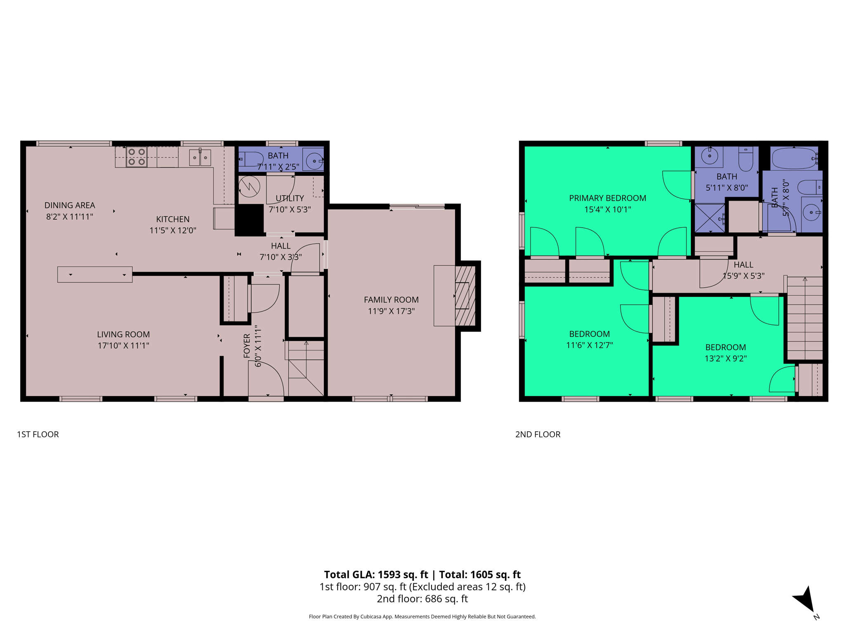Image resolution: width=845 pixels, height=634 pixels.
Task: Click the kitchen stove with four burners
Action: pos(137,157)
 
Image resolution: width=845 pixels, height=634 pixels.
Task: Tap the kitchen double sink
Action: pos(200,158)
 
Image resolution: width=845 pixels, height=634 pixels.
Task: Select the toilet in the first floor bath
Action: pos(251,159)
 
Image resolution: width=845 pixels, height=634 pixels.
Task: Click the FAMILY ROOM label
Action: pos(391,300)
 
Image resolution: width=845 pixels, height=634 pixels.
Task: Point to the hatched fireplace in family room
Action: pos(465,296)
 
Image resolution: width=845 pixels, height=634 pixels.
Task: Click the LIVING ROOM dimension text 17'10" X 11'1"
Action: pos(123,345)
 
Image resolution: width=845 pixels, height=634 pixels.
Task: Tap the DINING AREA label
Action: pos(70,205)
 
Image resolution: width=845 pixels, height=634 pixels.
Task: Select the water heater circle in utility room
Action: pos(249,187)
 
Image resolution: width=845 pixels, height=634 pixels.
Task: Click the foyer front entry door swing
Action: pos(266,379)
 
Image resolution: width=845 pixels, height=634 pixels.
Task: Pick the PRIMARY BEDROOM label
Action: pos(607,198)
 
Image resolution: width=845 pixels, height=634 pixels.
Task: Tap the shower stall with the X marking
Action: pos(710,218)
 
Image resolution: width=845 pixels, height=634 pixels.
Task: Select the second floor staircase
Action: pos(805,318)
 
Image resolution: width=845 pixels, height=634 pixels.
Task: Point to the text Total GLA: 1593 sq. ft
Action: pos(376,575)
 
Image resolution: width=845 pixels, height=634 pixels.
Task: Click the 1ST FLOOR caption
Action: pos(38,434)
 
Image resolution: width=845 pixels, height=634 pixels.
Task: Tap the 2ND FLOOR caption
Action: pos(538,434)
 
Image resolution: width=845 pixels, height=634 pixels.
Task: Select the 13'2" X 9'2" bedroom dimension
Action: pos(725,358)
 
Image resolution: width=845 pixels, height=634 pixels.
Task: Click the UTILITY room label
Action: pos(290,198)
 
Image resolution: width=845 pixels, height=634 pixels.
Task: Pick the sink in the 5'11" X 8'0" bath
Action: pos(710,156)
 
